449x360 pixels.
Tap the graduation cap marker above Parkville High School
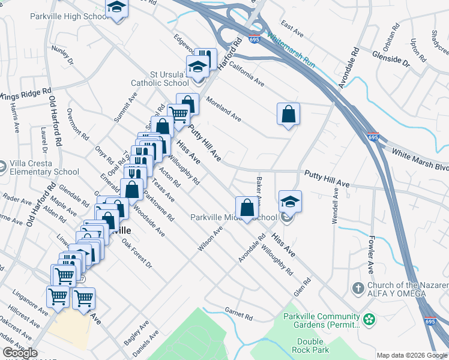coord(117,8)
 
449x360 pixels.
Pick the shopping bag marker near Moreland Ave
coord(288,113)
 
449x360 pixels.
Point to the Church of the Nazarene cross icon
coord(359,286)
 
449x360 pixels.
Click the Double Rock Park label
coord(309,345)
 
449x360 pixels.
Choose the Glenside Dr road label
coord(407,56)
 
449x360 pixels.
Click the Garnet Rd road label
coord(239,314)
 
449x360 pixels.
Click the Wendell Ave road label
coord(336,205)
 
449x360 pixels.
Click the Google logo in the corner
coord(19,353)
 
